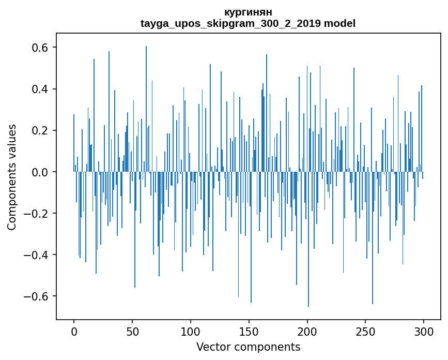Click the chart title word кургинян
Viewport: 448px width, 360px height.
[248, 12]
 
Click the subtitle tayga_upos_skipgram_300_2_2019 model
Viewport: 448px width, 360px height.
[248, 23]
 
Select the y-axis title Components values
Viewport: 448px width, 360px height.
[12, 177]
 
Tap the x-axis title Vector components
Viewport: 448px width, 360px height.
[248, 347]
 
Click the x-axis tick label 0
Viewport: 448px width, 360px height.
[74, 331]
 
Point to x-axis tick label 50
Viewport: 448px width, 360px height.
[132, 331]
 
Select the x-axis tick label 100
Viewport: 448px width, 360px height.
[191, 331]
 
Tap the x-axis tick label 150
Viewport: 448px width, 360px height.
[249, 331]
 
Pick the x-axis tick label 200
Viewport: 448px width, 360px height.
[307, 331]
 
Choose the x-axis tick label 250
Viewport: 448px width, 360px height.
[366, 331]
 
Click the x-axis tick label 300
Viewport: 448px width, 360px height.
[424, 331]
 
